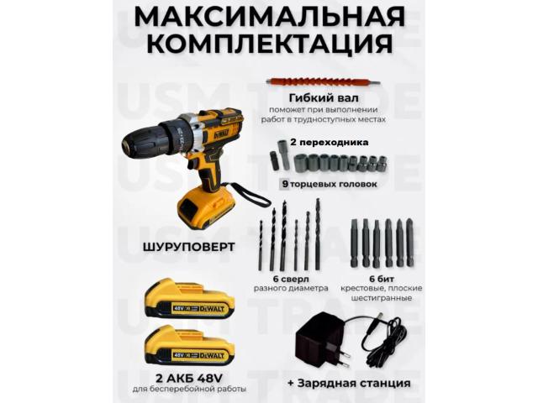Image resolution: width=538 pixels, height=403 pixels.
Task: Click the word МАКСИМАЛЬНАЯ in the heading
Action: (x=269, y=16)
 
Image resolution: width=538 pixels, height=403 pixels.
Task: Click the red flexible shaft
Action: (x=323, y=82)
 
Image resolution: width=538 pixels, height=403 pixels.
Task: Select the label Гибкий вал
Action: (x=324, y=98)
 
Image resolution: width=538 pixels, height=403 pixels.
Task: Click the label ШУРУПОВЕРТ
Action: (x=188, y=247)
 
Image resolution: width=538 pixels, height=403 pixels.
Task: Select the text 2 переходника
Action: (x=330, y=142)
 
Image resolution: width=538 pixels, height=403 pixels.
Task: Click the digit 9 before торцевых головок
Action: (x=285, y=184)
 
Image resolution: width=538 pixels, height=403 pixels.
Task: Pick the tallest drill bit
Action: (x=318, y=233)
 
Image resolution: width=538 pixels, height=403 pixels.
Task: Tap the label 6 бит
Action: (x=381, y=279)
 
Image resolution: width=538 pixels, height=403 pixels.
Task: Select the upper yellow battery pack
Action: (x=189, y=298)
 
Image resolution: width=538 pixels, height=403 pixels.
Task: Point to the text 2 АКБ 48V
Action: (x=189, y=379)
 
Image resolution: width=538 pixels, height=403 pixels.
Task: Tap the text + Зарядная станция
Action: (x=349, y=383)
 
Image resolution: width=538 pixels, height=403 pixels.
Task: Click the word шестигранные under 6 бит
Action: (x=381, y=298)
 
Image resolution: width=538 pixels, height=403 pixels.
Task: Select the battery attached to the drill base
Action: (x=206, y=209)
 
